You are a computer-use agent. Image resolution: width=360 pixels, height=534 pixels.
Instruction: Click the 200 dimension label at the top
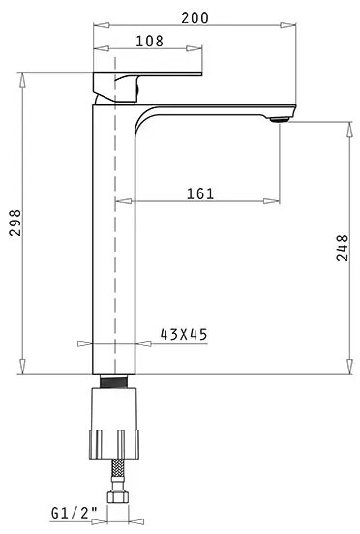click(195, 17)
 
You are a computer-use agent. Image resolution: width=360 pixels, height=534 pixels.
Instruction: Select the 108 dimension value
click(150, 42)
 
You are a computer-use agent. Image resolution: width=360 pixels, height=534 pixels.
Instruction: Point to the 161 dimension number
click(200, 193)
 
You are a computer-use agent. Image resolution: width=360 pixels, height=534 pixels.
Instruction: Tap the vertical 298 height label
click(15, 222)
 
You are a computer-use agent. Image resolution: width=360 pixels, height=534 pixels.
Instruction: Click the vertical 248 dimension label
click(343, 248)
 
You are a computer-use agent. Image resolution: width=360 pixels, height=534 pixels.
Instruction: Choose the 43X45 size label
click(184, 334)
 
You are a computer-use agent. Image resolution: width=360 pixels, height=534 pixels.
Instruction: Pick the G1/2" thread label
click(75, 513)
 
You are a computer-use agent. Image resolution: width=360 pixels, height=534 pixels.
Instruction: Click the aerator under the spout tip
click(280, 119)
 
